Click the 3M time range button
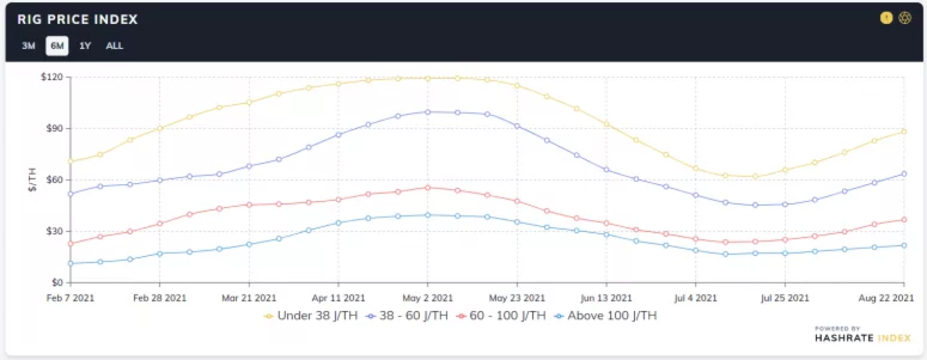[x=28, y=45]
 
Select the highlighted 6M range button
[x=57, y=45]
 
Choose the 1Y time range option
[x=85, y=45]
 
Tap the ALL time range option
[x=114, y=45]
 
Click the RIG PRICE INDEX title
[x=78, y=20]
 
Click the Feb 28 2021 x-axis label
[x=160, y=297]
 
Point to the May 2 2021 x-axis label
[x=428, y=297]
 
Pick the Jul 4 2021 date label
[x=696, y=297]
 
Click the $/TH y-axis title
[x=33, y=179]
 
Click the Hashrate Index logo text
[x=862, y=338]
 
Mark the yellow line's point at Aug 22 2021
[x=904, y=132]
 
